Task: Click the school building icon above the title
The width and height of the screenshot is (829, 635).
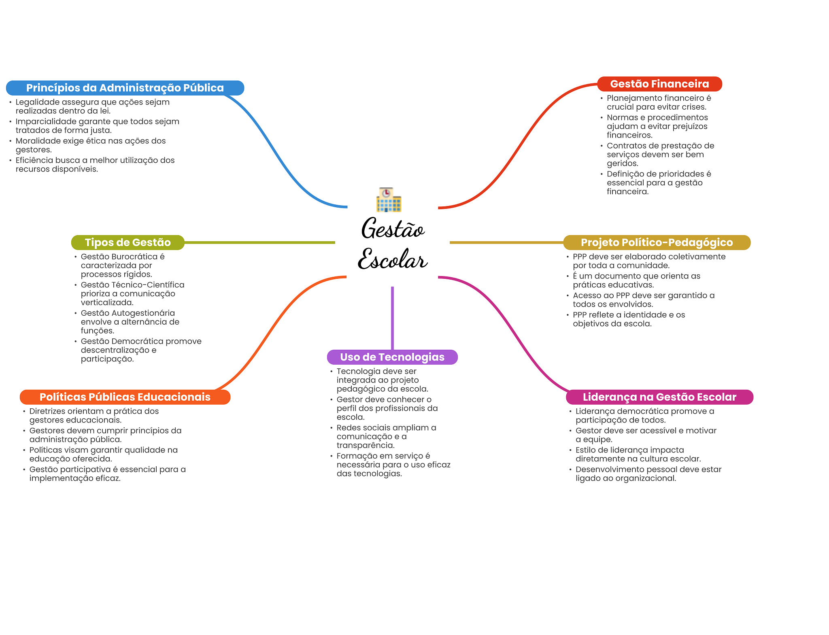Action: point(389,200)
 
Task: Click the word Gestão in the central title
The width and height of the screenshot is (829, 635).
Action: point(393,229)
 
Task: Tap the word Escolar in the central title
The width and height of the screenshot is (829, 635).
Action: point(393,259)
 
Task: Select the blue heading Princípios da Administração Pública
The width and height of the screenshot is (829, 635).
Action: point(125,88)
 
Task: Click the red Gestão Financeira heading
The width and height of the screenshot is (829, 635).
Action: point(659,84)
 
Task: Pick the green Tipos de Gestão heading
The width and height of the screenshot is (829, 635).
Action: point(128,242)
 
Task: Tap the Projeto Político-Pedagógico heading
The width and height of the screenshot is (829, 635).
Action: point(657,242)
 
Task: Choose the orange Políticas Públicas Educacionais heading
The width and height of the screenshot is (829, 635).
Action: point(125,397)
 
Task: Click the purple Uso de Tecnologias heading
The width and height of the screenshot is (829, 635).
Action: point(392,357)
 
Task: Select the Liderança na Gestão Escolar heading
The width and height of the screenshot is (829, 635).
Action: point(659,397)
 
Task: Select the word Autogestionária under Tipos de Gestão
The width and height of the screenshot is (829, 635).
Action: point(143,313)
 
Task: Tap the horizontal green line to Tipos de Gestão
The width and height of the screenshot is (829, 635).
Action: point(259,242)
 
